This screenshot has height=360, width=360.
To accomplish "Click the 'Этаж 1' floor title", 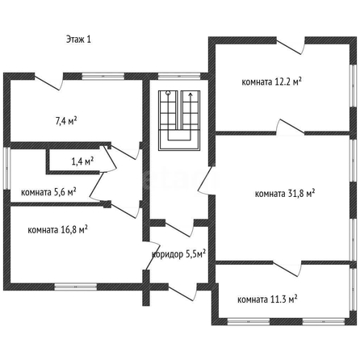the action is pos(78,40).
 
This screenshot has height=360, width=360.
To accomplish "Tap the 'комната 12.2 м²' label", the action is pos(271,82).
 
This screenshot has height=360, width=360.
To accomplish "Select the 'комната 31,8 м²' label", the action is pos(285,194).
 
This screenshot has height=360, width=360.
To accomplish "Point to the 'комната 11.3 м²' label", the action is pos(267,299).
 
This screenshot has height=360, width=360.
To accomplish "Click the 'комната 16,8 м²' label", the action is pos(57,230).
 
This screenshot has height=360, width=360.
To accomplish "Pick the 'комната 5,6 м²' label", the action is pos(48,192).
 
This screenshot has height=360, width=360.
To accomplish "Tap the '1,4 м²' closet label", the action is pos(82,161).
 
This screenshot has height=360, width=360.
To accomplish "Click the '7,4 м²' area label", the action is pos(66,121).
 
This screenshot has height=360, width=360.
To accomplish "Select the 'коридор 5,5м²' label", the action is pos(179,254).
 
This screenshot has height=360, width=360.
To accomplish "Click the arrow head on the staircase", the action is pos(190,94).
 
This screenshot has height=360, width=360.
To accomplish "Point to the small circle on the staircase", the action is pos(168,94).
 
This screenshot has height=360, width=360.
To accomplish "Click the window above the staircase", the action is pos(179,77).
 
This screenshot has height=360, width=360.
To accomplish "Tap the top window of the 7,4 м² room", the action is pos(103,77).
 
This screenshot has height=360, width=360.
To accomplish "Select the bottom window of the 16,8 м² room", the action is pos(76,287).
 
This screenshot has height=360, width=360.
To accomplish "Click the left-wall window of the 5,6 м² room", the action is pos(6,169).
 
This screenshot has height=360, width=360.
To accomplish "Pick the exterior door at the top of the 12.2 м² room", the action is pos(291,46).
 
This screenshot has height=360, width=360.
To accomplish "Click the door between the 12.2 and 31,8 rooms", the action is pos(291,127).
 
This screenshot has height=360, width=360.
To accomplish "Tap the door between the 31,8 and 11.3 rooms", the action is pos(287,269).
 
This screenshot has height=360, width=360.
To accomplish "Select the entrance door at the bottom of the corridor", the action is pos(183,292).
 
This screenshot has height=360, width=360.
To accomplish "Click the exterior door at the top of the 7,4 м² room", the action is pos(48,82).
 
